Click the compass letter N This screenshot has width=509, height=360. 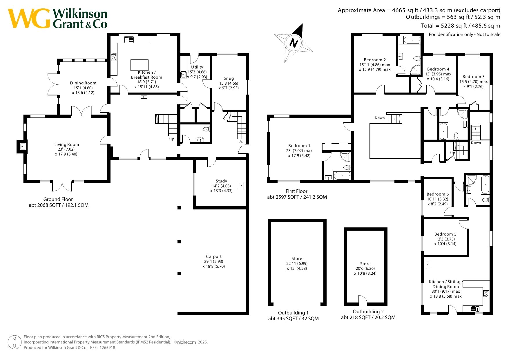point(294,43)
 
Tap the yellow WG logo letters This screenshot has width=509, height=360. point(29,18)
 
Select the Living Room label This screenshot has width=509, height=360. point(67,144)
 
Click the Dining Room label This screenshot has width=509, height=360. point(83,83)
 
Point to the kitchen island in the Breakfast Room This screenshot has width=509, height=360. point(140,65)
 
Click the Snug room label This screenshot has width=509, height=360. point(229,78)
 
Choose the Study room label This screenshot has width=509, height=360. point(221,181)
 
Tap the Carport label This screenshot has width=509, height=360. point(214,256)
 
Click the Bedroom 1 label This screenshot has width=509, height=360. point(299,146)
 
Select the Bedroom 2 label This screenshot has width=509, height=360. point(375,60)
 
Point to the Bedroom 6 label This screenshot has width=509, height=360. point(438,194)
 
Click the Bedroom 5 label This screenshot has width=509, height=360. point(445,234)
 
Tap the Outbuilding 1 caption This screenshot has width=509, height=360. point(294,313)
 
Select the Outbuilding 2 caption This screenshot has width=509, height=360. point(368,312)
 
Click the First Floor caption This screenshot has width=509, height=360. point(296,191)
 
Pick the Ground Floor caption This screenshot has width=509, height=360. point(58,199)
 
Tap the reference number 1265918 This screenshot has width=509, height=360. point(107,348)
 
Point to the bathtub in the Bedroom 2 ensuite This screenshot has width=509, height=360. point(412,40)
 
